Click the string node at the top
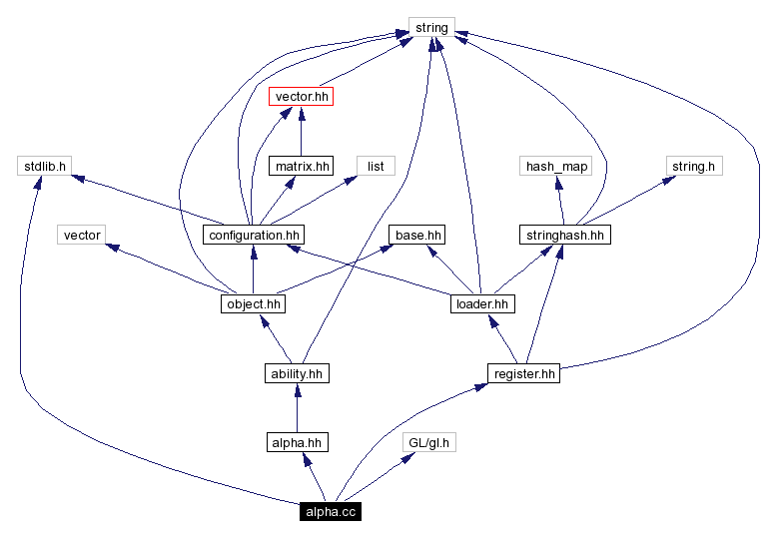431,27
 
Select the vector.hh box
301,97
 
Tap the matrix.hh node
301,166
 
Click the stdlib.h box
42,166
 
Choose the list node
376,166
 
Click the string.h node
693,166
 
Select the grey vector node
82,235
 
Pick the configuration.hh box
253,235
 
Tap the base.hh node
417,235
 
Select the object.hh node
253,303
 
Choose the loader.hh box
481,303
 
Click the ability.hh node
297,373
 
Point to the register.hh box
523,373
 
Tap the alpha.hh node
297,442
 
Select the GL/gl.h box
429,442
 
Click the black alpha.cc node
330,511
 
